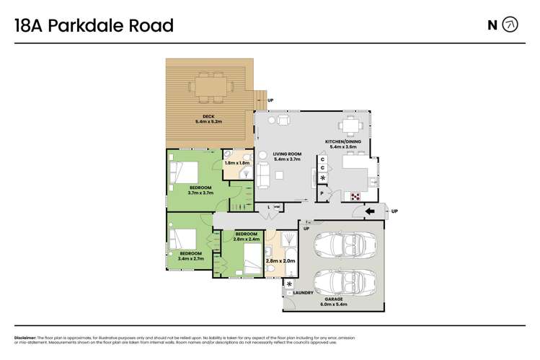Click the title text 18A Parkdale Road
pyautogui.click(x=94, y=26)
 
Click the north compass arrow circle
pyautogui.click(x=510, y=25)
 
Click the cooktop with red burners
pyautogui.click(x=354, y=196)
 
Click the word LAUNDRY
pyautogui.click(x=301, y=293)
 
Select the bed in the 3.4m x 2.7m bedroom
pyautogui.click(x=185, y=239)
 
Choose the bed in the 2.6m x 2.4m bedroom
pyautogui.click(x=249, y=254)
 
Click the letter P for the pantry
pyautogui.click(x=322, y=194)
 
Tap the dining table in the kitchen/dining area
pyautogui.click(x=350, y=127)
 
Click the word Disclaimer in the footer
pyautogui.click(x=25, y=338)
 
